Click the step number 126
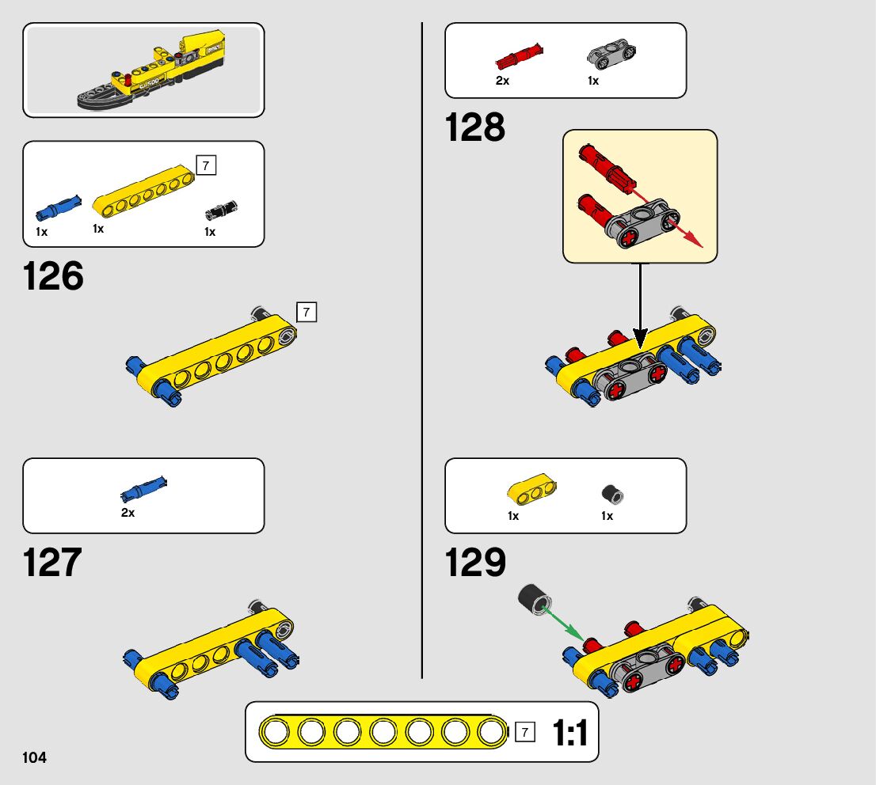click(53, 277)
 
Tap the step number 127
click(52, 563)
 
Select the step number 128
click(475, 127)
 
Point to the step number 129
click(475, 563)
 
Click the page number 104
click(35, 758)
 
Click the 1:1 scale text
click(569, 734)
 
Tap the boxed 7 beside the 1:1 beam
click(524, 732)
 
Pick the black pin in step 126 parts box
click(222, 209)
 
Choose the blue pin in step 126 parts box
click(58, 207)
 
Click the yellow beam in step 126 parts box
click(144, 193)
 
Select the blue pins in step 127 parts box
click(143, 489)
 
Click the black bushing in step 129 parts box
click(612, 495)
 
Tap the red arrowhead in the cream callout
click(693, 239)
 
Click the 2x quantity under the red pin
click(503, 81)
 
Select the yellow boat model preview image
click(143, 70)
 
